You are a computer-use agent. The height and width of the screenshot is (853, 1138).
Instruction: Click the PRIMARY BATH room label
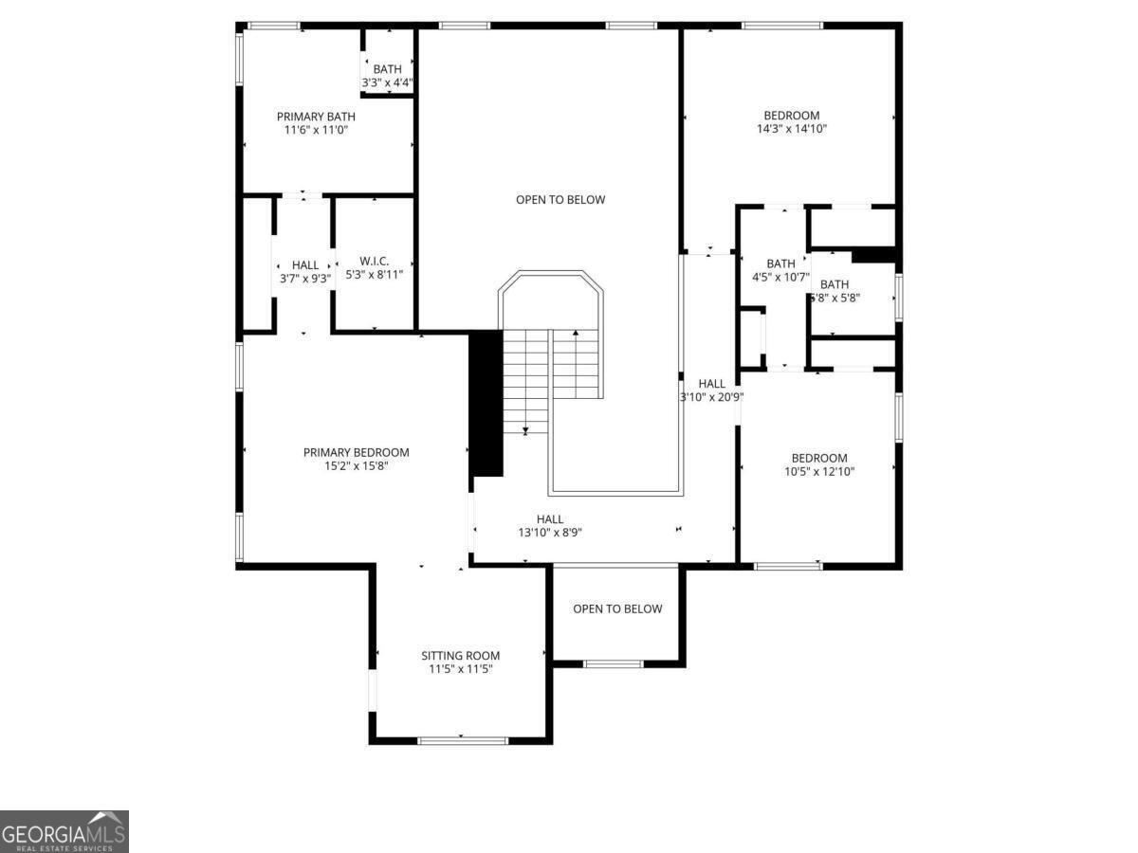[316, 117]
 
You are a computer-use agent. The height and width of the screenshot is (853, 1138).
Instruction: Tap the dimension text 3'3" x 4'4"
[387, 83]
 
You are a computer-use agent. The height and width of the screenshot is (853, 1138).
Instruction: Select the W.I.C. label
[374, 261]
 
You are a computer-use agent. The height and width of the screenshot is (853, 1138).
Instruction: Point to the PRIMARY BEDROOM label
[356, 452]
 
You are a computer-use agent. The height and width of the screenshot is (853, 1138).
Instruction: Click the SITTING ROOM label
[460, 655]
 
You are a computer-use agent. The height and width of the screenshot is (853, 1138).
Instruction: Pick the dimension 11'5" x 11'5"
[460, 669]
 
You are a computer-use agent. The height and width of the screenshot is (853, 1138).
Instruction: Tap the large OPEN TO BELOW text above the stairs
[560, 200]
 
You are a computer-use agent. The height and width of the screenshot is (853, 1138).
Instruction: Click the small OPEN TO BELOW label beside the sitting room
[617, 608]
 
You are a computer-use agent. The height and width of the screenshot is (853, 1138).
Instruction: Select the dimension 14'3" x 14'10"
[792, 129]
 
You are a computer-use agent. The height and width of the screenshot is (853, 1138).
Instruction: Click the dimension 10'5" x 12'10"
[819, 471]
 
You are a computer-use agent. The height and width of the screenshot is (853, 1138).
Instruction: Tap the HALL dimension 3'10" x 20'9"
[711, 397]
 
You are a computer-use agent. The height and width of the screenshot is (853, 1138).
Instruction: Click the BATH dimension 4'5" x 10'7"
[780, 278]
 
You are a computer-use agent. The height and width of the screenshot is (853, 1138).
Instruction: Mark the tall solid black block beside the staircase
[486, 403]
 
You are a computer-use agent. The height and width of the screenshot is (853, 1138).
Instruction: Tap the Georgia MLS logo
[64, 831]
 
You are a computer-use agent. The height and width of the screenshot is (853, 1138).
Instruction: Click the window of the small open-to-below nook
[613, 663]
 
